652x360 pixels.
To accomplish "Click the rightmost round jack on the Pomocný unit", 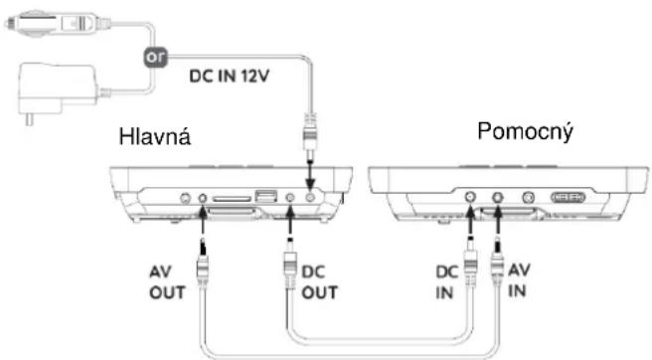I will click(528, 199).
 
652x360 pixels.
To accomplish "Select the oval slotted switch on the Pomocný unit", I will click(567, 199).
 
